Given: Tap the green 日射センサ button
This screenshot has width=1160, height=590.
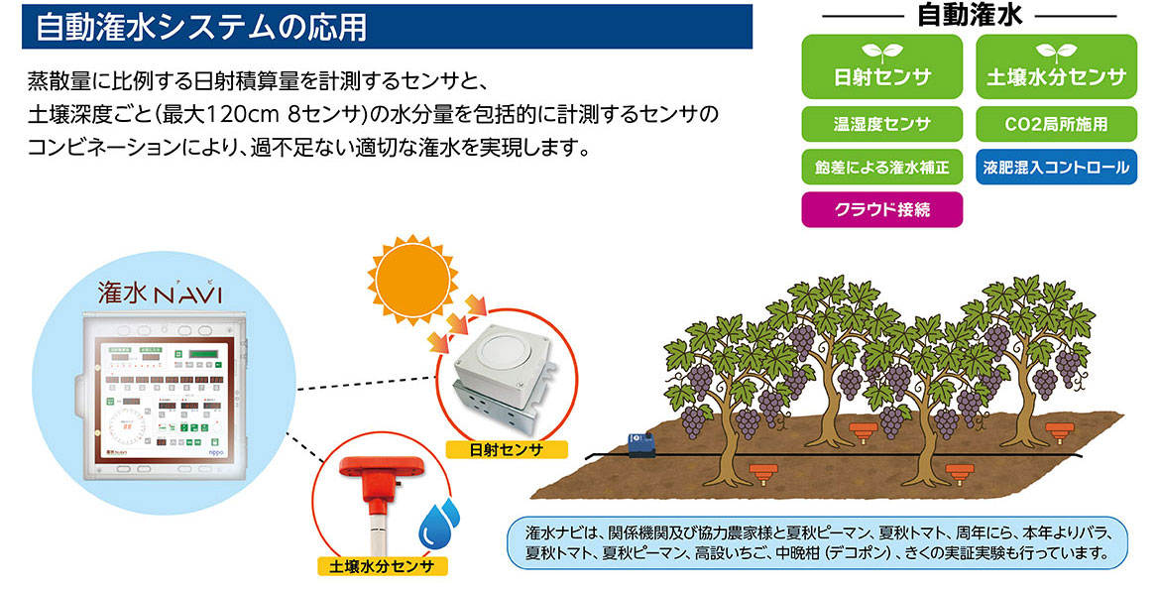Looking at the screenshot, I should click(881, 66).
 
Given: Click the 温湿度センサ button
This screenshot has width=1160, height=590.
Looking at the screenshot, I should click(881, 125).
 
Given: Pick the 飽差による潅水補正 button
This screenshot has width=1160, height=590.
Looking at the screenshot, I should click(881, 168).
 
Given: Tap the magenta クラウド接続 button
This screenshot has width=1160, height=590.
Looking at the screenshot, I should click(881, 210).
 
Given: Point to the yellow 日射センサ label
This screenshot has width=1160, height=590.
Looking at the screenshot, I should click(507, 449).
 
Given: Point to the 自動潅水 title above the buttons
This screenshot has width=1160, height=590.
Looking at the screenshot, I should click(970, 15).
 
